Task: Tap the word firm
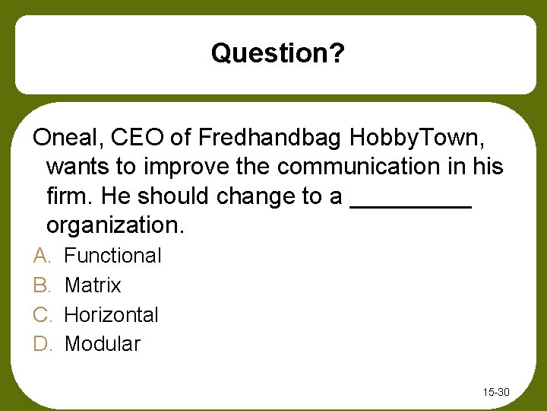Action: (68, 196)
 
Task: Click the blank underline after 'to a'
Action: (410, 202)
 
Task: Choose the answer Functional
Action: (112, 256)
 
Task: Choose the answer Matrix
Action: (93, 285)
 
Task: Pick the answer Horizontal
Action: (112, 314)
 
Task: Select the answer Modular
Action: (103, 344)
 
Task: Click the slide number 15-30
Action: (495, 393)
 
